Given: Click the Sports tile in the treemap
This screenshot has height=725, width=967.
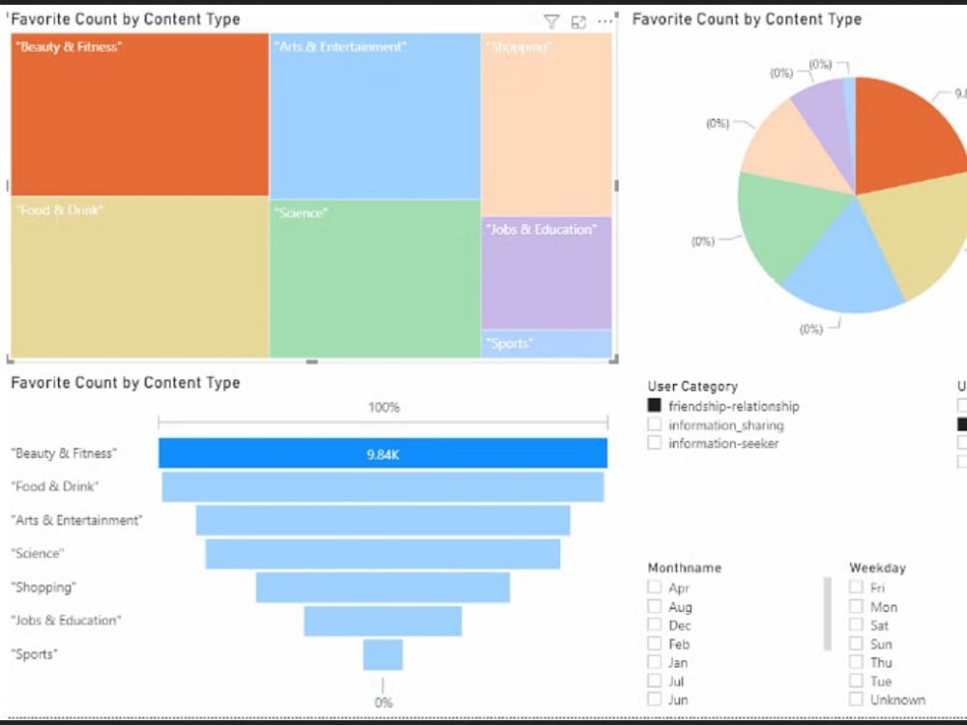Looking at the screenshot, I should point(546,344).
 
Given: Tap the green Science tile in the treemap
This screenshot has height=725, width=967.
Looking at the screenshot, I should point(374,280).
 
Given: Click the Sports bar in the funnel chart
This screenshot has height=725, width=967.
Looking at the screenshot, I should point(383,654).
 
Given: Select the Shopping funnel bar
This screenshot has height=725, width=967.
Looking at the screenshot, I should point(383,587).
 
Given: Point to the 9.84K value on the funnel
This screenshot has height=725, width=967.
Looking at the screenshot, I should point(383,453).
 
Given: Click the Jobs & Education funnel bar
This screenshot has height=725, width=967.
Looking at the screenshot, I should point(383,621).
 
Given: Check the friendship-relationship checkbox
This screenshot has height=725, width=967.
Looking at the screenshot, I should point(655,406).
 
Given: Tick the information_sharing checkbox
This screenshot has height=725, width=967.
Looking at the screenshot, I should point(655,424).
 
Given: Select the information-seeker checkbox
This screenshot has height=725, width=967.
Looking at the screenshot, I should point(655,443).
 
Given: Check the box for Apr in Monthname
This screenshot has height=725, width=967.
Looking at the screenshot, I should point(655,587).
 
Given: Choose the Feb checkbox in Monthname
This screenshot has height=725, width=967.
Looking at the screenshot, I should point(655,644).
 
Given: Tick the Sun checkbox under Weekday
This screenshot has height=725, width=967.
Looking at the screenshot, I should point(857,644).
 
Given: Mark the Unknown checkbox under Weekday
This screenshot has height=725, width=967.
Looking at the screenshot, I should point(857,699).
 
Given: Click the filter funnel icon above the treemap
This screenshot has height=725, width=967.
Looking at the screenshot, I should point(551,21).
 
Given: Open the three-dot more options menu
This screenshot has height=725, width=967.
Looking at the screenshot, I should point(605,21).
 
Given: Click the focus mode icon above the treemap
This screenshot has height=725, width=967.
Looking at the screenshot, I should point(578,21).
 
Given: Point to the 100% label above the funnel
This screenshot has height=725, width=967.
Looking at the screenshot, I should point(383,407).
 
